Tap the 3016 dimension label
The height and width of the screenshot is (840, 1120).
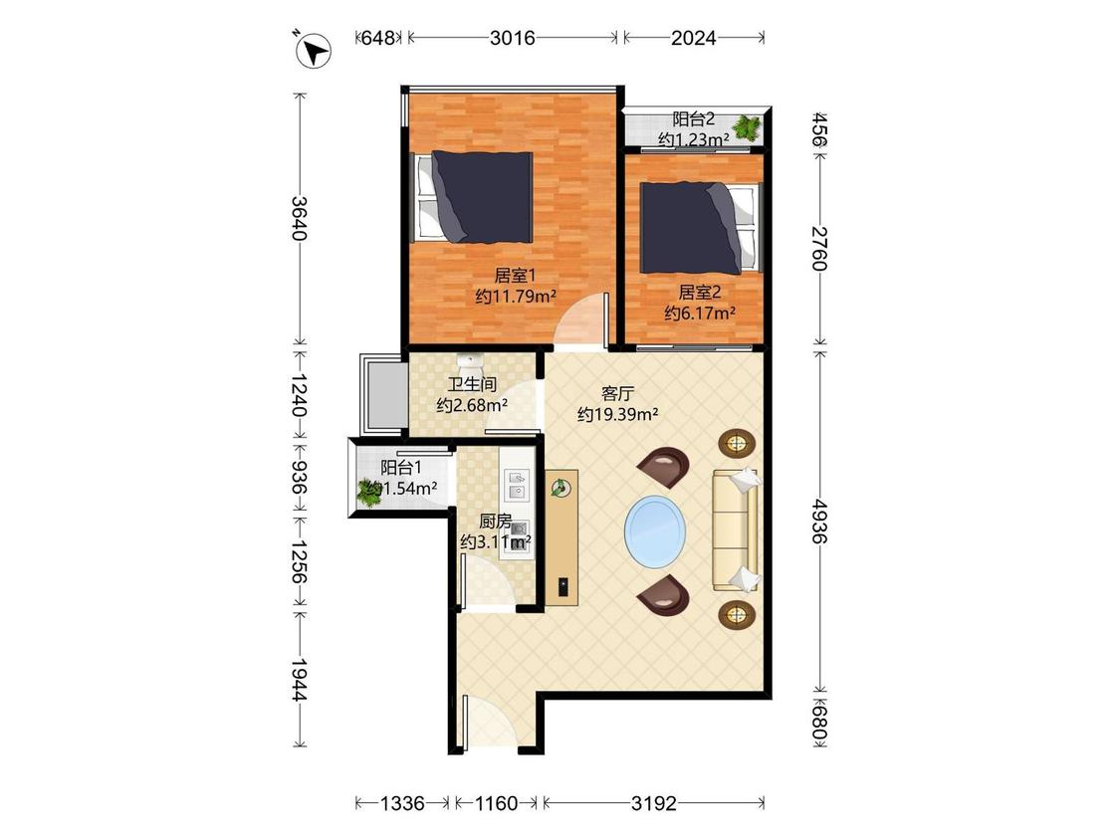[512, 38]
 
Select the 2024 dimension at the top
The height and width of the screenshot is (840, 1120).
[693, 38]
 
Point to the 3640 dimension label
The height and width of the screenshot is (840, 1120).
[300, 218]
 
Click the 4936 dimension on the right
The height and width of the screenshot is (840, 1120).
[819, 523]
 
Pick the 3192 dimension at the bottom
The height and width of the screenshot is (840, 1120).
[653, 803]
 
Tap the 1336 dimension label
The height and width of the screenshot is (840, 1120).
[402, 803]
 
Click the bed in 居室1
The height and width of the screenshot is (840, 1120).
[475, 196]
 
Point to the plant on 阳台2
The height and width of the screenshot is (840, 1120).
[747, 127]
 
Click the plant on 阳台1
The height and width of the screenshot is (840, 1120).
[369, 493]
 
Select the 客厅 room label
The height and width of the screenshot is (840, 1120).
[618, 393]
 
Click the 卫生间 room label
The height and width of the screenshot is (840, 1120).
[472, 384]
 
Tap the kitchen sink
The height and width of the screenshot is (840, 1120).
[517, 485]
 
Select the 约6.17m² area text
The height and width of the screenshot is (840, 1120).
[700, 313]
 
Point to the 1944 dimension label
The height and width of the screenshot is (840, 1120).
[300, 680]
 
